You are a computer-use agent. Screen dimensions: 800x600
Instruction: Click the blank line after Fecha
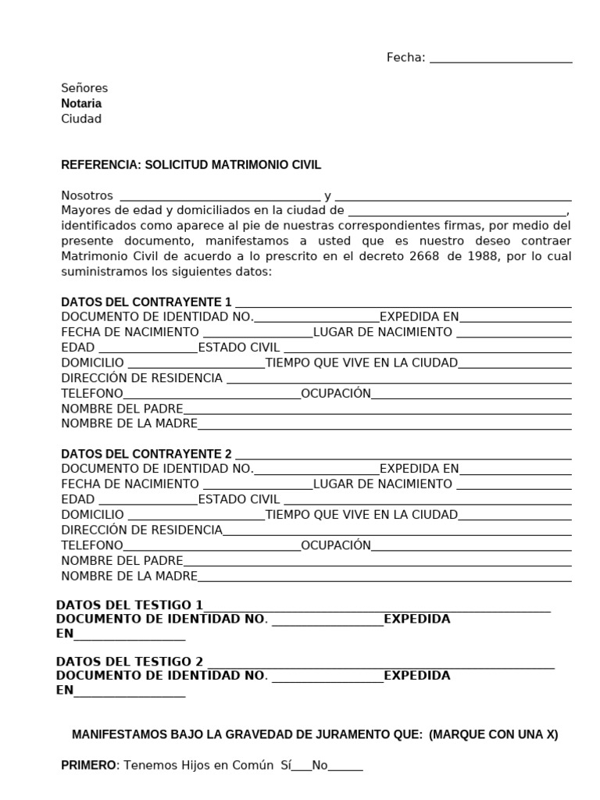501,59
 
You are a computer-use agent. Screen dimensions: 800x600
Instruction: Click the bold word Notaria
81,103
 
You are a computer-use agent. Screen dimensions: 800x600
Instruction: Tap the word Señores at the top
84,87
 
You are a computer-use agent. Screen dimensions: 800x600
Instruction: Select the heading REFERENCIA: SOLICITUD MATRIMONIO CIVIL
191,165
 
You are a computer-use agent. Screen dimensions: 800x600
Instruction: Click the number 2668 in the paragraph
412,256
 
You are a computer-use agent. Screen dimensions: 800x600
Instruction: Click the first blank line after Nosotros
219,197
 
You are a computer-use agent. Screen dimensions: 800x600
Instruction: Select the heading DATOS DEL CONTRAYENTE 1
146,302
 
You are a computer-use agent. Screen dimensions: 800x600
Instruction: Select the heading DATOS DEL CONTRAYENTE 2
146,454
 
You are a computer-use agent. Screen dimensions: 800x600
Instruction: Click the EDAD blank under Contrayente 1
148,348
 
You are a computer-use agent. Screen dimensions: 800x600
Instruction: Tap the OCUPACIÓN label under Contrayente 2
336,545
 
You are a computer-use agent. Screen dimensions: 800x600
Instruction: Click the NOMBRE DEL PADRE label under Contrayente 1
122,409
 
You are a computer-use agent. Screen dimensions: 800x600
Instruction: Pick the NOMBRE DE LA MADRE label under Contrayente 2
129,577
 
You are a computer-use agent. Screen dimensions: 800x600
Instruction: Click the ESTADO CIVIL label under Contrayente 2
239,499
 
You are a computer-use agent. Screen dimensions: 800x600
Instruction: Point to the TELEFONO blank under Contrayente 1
212,395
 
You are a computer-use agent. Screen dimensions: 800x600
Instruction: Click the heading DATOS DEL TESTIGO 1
130,605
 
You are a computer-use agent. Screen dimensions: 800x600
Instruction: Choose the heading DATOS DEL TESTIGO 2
130,660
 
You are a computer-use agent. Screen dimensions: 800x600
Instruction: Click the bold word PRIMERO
88,766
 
